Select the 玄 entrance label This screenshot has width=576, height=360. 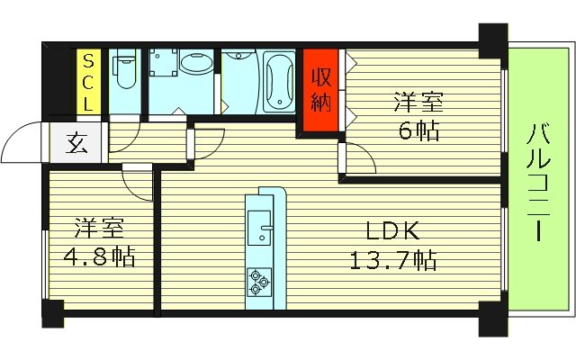76,144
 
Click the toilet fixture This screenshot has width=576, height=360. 124,76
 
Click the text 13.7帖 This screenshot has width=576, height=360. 392,262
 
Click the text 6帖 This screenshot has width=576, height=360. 418,131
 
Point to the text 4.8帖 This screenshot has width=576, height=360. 98,258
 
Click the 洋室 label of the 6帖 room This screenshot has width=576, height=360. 418,101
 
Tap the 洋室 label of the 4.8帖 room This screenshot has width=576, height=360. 98,227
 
